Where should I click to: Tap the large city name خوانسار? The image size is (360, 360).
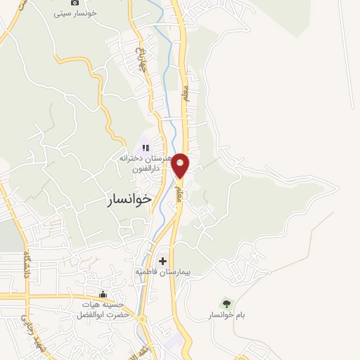coord(129,199)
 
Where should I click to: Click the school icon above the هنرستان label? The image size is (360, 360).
coord(146,148)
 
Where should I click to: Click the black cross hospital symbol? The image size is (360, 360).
coord(163,261)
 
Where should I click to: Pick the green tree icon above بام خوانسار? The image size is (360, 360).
coord(226,303)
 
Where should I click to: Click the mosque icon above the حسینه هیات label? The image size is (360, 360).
coord(103,294)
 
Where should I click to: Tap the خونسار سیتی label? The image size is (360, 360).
coord(78,13)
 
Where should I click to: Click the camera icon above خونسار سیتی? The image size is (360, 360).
coord(75,2)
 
